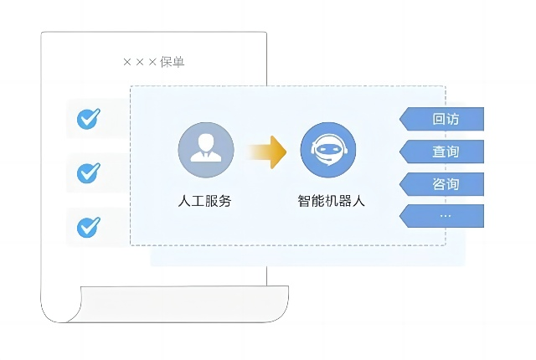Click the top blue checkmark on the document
pos(89,119)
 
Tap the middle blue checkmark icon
pos(89,172)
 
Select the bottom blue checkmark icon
pos(89,227)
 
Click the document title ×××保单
pos(154,62)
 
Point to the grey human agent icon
pos(206,150)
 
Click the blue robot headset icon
pos(328,150)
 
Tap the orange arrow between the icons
pos(266,152)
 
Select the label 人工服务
pos(204,201)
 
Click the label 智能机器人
pos(332,201)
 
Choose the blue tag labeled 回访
pos(441,119)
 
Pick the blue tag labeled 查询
pos(441,152)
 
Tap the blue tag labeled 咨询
pos(441,184)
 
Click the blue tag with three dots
pos(441,216)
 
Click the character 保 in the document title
pos(166,62)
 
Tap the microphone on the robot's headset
pos(329,160)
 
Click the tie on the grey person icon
pos(206,156)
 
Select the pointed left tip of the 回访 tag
pos(399,119)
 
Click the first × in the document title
pos(127,62)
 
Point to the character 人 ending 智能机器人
pos(358,201)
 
